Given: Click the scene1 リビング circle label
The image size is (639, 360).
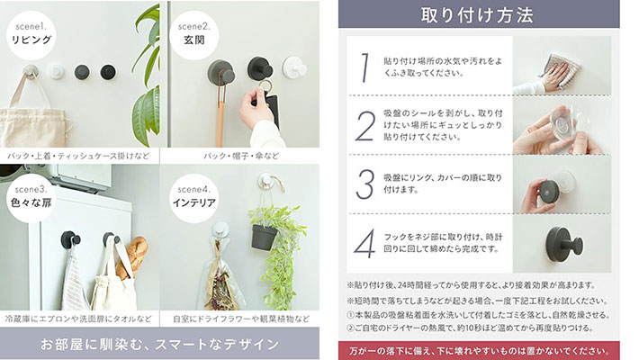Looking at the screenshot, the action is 31,35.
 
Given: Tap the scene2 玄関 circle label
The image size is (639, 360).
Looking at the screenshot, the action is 194,35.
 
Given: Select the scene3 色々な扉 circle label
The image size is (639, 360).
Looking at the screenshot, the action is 31,198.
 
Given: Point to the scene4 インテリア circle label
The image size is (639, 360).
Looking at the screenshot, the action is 194,198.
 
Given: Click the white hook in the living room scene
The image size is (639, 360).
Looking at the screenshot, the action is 57,72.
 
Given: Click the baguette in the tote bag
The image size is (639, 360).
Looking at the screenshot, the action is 131,256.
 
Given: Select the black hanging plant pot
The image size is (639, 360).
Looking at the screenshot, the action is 264,237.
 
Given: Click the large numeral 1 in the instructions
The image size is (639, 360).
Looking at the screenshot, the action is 365,67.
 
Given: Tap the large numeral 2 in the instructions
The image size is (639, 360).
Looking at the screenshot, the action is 364,126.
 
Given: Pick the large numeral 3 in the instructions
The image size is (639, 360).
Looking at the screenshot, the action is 364,184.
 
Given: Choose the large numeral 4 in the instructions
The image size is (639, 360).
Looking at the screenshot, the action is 364,243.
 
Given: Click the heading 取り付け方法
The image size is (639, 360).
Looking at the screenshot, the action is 477,15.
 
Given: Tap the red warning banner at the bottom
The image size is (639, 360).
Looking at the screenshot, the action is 479,351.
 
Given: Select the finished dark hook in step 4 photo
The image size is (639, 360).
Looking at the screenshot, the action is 564,245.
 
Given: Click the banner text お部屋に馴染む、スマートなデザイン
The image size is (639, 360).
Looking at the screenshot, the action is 159,344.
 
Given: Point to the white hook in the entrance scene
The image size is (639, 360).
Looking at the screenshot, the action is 294,67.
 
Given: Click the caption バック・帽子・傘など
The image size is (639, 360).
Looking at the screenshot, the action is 241,156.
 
